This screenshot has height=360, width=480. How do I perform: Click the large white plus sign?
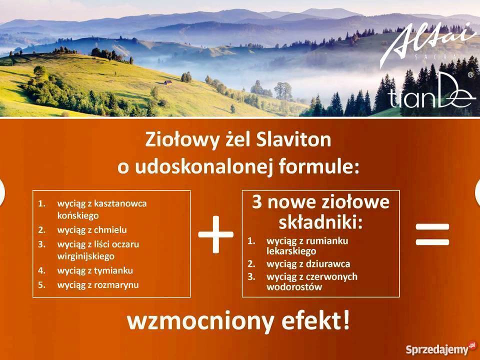pos(215,234)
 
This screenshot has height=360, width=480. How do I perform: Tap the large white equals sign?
pos(432,234)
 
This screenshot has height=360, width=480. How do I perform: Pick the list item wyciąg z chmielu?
pos(92,230)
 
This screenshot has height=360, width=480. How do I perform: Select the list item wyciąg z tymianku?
pos(95,270)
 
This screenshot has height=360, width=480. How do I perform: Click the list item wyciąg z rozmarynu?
pos(98,284)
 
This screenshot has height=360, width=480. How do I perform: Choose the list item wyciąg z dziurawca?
pos(308,263)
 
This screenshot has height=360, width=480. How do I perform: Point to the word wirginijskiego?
pos(86,255)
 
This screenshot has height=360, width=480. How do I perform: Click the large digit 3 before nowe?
pos(257,203)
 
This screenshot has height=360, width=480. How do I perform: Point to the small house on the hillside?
pos(168,82)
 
